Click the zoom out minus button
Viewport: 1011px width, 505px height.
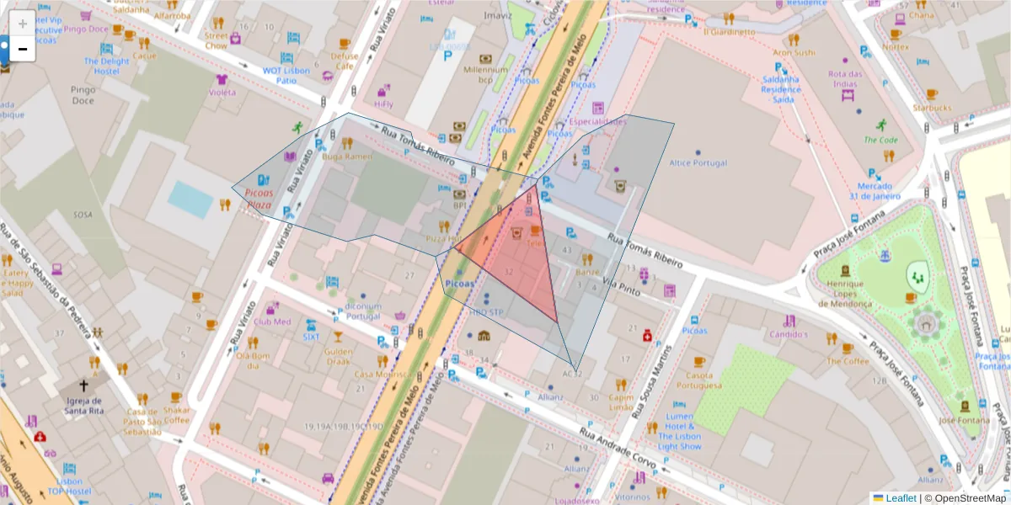[x=23, y=50]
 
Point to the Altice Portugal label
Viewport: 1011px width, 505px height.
[x=697, y=162]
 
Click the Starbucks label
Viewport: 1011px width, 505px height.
[x=931, y=108]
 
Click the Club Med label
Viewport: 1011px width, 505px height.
[x=271, y=321]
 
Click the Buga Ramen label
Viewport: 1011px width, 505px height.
[x=347, y=157]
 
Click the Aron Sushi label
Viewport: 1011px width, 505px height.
[x=794, y=52]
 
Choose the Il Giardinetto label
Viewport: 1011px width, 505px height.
[x=729, y=32]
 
